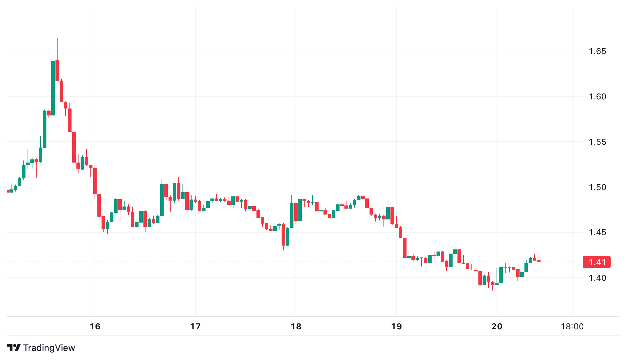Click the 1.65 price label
597,51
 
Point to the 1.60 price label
597,97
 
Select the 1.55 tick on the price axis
597,142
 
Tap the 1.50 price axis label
597,187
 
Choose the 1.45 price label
597,232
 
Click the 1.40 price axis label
597,278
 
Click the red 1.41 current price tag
597,262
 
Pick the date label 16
95,327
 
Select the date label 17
195,327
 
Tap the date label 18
296,327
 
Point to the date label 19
396,327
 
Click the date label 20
497,327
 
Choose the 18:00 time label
572,327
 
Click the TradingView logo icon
14,348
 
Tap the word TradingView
49,348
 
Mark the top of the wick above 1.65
57,39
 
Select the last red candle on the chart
539,261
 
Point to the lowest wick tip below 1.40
493,290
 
